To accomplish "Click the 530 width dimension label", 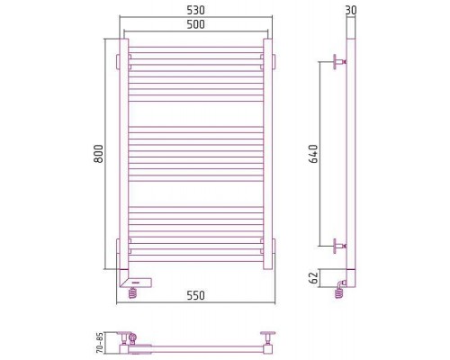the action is pos(195,10).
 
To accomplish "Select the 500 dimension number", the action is pos(195,24).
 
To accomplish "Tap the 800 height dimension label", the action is pos(98,154).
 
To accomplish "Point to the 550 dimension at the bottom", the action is pos(195,295).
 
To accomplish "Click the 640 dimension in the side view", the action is pos(313,154).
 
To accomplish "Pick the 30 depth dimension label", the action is pos(351,10).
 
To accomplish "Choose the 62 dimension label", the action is pos(313,278).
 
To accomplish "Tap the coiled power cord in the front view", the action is pos(132,292).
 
